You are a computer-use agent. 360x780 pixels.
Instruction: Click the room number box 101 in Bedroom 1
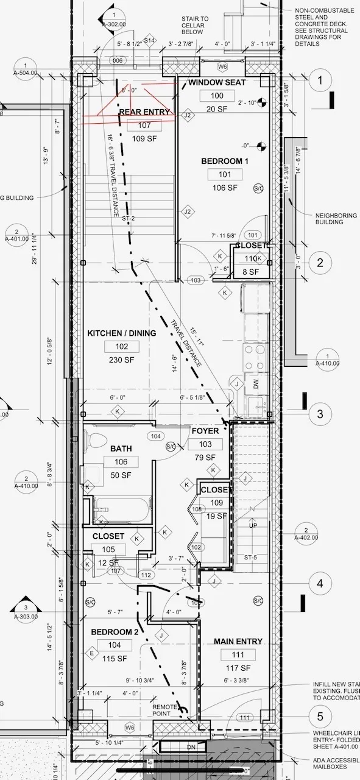click(x=225, y=174)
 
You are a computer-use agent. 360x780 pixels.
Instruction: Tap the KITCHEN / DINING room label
click(x=122, y=333)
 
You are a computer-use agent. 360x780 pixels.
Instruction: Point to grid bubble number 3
click(x=320, y=415)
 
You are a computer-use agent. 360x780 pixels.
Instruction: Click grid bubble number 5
click(x=320, y=717)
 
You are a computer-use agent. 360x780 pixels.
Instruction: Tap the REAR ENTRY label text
click(x=144, y=112)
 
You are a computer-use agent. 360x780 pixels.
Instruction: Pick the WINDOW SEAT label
click(x=217, y=82)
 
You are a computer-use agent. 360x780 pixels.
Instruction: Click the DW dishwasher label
click(x=256, y=383)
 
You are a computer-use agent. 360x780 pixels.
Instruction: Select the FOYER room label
click(x=205, y=431)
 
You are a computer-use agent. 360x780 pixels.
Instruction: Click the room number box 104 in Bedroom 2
click(x=114, y=645)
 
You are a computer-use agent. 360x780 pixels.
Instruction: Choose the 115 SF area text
click(x=114, y=659)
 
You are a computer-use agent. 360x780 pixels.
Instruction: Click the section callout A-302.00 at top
click(x=113, y=21)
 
